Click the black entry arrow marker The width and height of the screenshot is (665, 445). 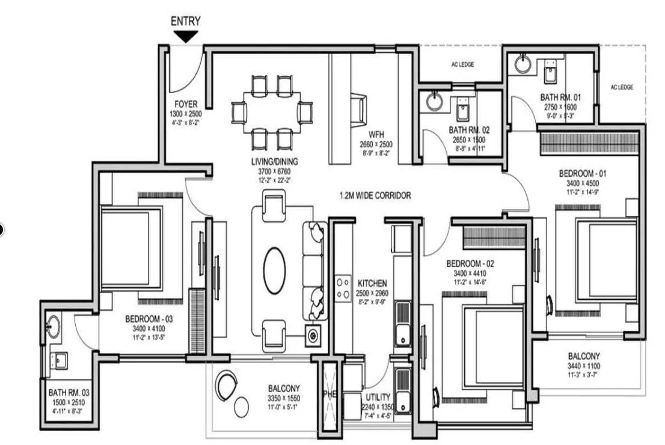(186, 37)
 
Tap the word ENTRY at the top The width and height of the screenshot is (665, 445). (186, 21)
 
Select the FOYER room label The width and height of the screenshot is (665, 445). (186, 104)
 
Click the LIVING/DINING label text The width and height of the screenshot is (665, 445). (275, 161)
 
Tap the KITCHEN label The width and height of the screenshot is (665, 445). (373, 283)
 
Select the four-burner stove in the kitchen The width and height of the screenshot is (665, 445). (343, 287)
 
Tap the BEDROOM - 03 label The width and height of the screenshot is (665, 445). (149, 319)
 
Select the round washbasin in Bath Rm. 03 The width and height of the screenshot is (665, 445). (54, 325)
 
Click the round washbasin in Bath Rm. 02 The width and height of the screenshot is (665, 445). (434, 101)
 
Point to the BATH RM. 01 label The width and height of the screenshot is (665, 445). (560, 97)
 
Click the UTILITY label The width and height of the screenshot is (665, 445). (378, 397)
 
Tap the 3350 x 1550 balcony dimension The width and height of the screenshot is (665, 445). (284, 398)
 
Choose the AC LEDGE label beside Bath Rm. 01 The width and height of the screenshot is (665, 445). (622, 87)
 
